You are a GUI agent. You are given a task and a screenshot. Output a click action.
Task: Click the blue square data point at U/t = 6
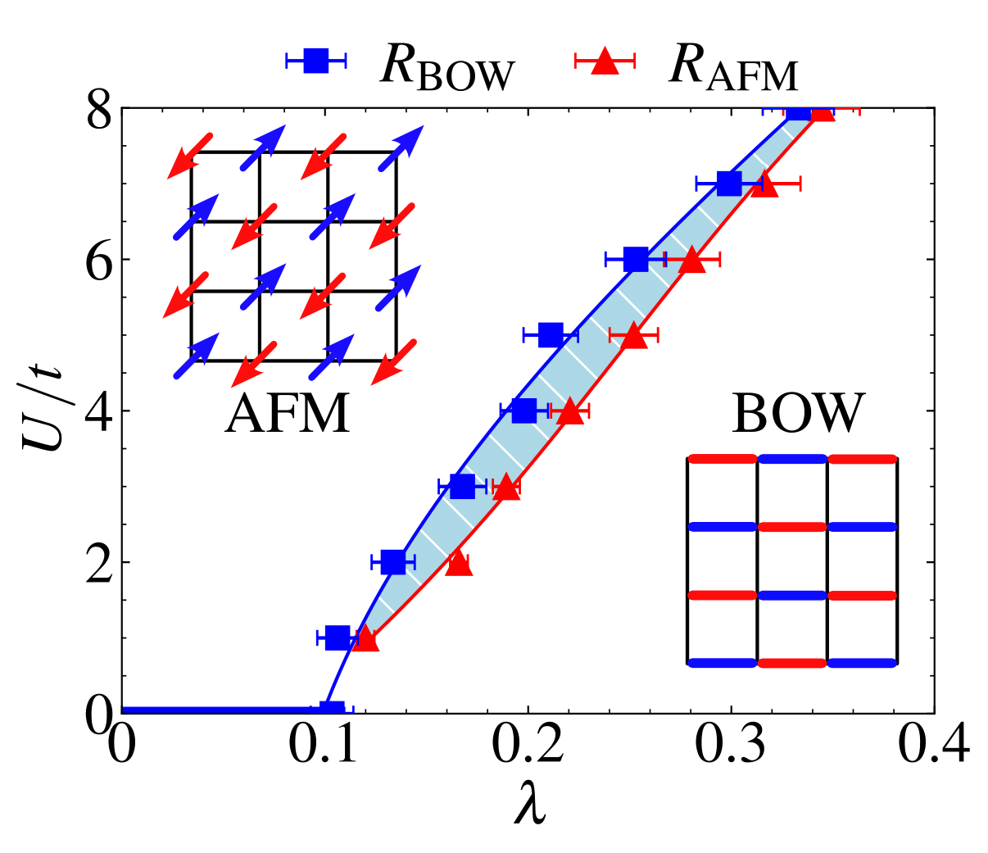pyautogui.click(x=636, y=260)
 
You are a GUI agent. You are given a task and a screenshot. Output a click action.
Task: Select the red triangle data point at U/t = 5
pyautogui.click(x=633, y=335)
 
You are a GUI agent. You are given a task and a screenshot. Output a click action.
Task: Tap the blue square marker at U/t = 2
pyautogui.click(x=393, y=562)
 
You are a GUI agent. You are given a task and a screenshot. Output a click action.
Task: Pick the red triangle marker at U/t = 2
pyautogui.click(x=459, y=563)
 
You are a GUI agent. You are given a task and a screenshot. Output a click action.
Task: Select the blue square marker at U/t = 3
pyautogui.click(x=462, y=487)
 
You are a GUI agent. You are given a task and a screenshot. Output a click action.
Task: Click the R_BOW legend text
pyautogui.click(x=446, y=67)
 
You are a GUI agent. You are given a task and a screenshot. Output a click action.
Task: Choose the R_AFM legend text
pyautogui.click(x=733, y=67)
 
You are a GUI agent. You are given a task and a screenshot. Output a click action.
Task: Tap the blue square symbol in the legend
pyautogui.click(x=315, y=60)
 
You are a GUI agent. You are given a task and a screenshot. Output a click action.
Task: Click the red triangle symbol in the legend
pyautogui.click(x=605, y=60)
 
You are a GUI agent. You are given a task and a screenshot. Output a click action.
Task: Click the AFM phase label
pyautogui.click(x=288, y=413)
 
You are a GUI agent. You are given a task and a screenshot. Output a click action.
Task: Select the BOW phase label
pyautogui.click(x=797, y=413)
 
